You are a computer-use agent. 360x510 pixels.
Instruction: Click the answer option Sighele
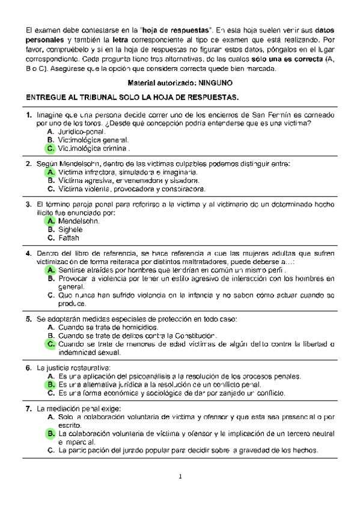(70, 230)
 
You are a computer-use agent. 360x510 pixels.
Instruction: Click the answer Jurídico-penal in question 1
(82, 131)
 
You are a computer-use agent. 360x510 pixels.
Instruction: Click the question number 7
(28, 408)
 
